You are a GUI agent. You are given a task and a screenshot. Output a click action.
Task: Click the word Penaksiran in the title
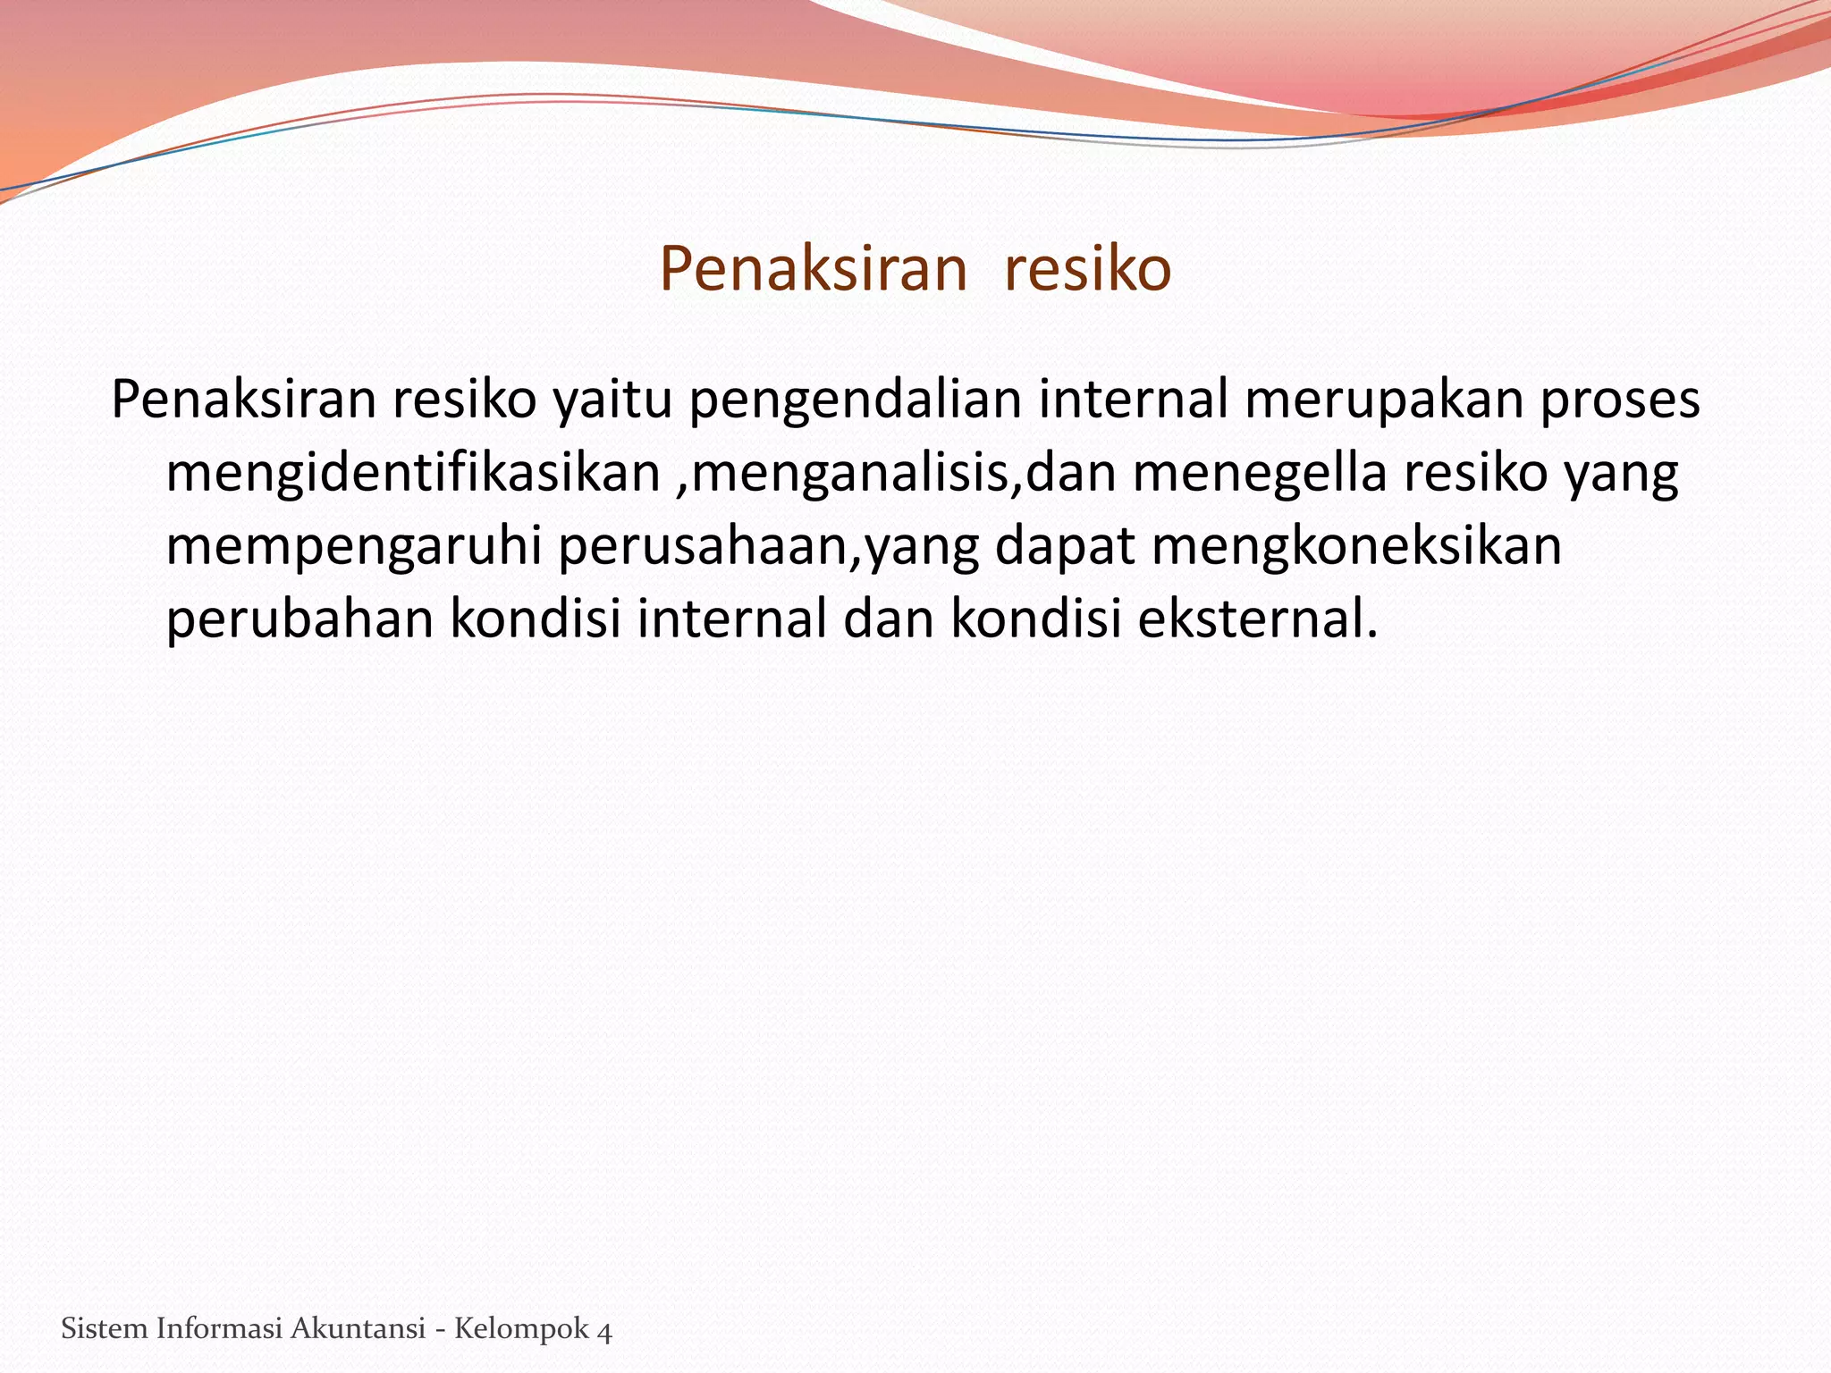[814, 269]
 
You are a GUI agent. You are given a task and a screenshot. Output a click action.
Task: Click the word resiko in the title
[1087, 269]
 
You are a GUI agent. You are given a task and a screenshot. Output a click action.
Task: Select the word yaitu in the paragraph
[612, 400]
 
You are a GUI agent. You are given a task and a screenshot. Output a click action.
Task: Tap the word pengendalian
[855, 400]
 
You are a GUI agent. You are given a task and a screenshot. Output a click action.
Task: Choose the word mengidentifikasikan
[413, 473]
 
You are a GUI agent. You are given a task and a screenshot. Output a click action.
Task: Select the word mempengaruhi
[354, 546]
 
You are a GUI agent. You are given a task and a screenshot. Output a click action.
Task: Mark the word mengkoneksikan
[1356, 546]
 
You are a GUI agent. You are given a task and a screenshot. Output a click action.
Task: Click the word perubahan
[300, 618]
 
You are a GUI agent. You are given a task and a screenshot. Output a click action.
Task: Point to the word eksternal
[1257, 618]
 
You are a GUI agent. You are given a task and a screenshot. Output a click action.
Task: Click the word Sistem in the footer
[104, 1329]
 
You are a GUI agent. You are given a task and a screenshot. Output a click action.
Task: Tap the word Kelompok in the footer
[521, 1329]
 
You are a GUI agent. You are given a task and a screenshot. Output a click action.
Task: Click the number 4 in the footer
[605, 1331]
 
